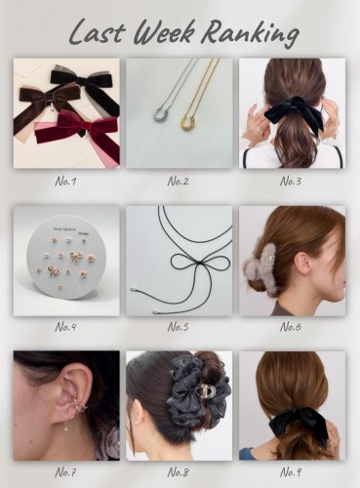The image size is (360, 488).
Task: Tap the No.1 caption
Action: tap(65, 181)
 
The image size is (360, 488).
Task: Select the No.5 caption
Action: tap(178, 327)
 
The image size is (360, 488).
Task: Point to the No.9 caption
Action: tap(291, 471)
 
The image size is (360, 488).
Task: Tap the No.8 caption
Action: tap(178, 471)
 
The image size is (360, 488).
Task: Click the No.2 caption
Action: tap(178, 181)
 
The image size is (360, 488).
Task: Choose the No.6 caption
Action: tap(291, 327)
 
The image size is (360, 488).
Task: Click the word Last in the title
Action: tap(97, 32)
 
